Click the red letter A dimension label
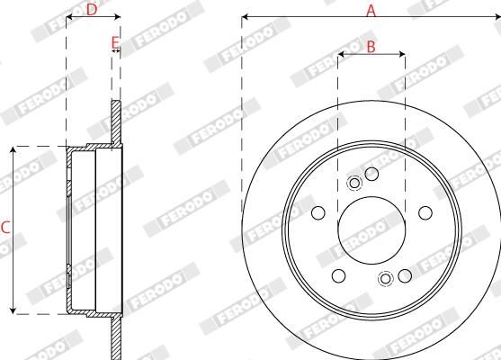(x=370, y=10)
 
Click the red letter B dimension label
(x=371, y=48)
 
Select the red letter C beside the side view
(x=5, y=229)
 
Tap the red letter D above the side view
(x=91, y=10)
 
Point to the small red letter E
(x=114, y=41)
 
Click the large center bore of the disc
(x=371, y=230)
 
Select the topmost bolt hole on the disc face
(x=371, y=172)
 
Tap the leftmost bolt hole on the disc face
(x=318, y=213)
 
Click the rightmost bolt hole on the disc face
(x=425, y=213)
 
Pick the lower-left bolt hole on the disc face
(x=338, y=275)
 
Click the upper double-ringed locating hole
(x=353, y=184)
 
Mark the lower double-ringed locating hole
(x=387, y=278)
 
